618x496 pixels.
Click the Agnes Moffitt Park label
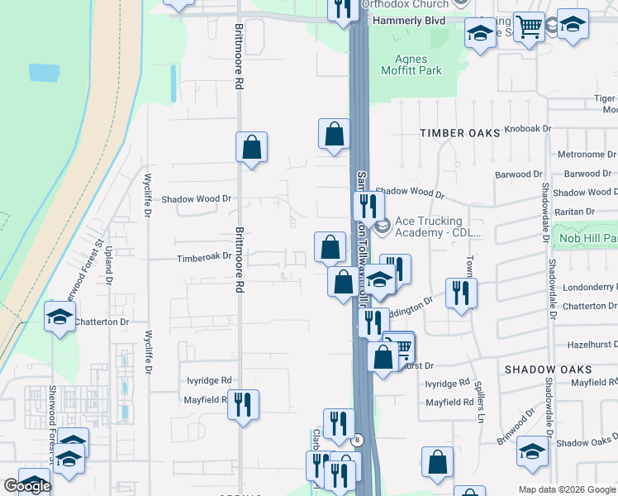[411, 64]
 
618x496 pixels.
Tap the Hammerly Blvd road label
[409, 21]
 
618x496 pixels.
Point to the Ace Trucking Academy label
[437, 227]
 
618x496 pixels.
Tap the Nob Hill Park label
[588, 240]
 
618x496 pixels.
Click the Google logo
[27, 486]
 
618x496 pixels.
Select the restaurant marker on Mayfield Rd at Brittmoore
[243, 404]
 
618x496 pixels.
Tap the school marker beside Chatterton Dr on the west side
[59, 318]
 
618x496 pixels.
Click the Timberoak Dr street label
[204, 258]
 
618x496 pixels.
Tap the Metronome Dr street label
[587, 155]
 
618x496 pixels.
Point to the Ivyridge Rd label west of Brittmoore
[207, 380]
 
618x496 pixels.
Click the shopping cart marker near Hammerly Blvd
[529, 26]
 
